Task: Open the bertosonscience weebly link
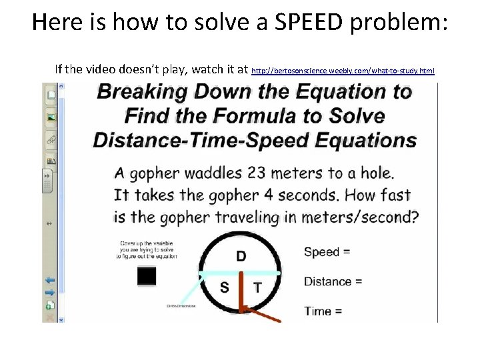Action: point(343,70)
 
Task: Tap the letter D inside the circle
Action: point(241,257)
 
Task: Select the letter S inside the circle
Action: point(225,287)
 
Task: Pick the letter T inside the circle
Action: point(257,287)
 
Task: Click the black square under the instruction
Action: point(147,275)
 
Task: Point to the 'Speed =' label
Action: point(327,252)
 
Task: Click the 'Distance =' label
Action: point(333,281)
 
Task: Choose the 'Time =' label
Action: point(323,311)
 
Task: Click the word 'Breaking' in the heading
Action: point(141,92)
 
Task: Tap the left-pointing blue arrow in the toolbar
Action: point(50,281)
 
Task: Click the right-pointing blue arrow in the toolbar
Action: point(50,292)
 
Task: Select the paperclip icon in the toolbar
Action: point(51,139)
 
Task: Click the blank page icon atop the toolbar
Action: point(51,95)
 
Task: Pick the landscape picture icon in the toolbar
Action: point(51,117)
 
